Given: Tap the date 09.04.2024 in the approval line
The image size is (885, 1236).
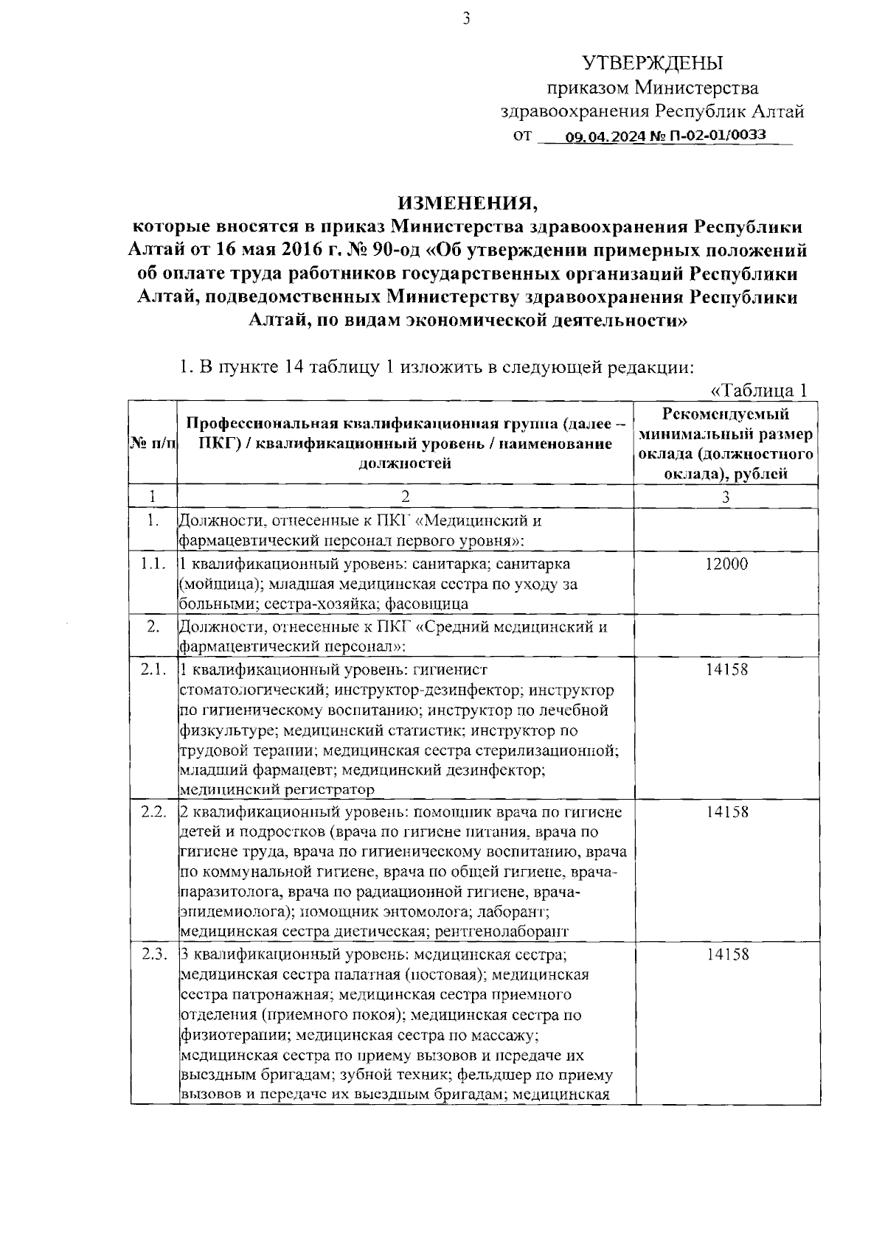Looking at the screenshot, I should pos(604,136).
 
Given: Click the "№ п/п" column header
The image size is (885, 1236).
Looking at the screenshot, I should pos(153,444).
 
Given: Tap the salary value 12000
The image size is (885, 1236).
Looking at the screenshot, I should pos(726,564).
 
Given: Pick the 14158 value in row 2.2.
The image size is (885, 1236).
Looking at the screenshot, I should pos(726,811).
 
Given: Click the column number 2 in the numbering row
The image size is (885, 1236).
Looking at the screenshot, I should pos(405,497).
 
